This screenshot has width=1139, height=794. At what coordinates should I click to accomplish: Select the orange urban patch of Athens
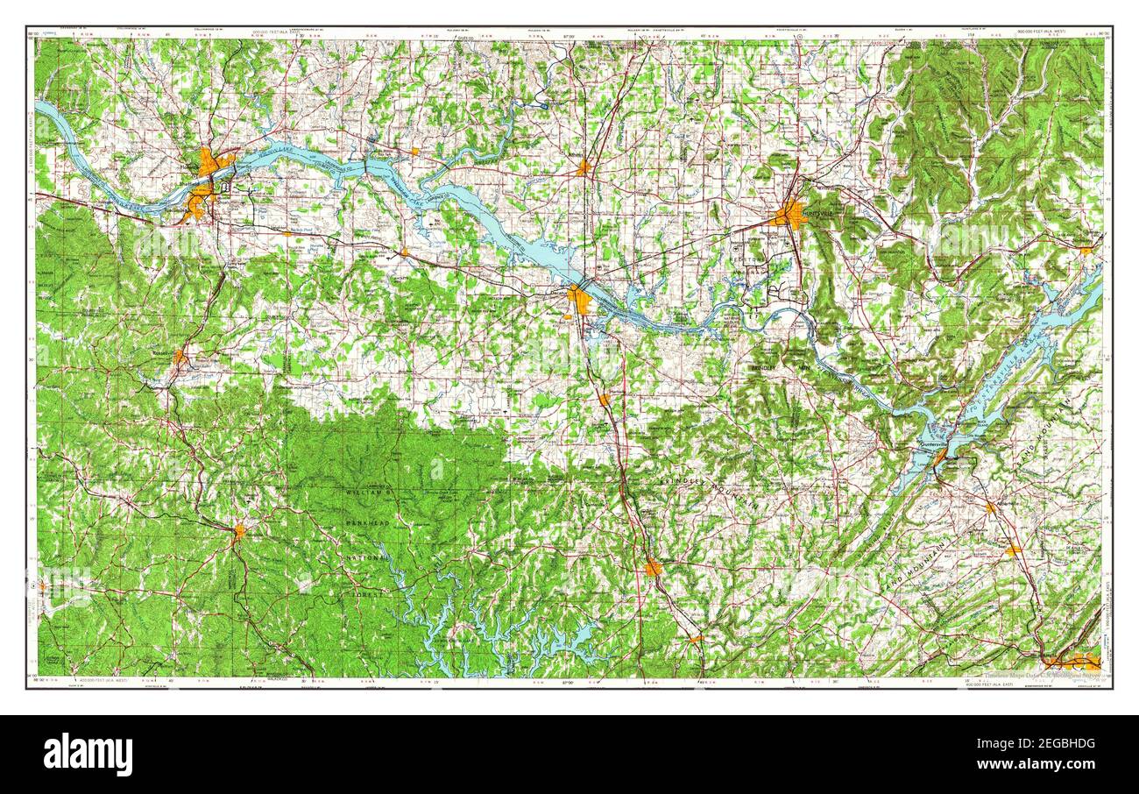[x=584, y=167]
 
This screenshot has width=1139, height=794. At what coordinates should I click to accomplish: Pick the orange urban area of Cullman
[x=653, y=568]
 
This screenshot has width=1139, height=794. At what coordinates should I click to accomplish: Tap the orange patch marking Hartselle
[x=604, y=400]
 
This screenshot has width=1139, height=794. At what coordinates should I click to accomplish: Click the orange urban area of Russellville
[x=179, y=357]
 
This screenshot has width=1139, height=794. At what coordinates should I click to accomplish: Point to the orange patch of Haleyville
[x=238, y=530]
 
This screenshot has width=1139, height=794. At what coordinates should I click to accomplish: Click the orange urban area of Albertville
[x=1014, y=550]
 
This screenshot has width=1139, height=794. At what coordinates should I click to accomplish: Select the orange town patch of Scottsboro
[x=1086, y=250]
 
